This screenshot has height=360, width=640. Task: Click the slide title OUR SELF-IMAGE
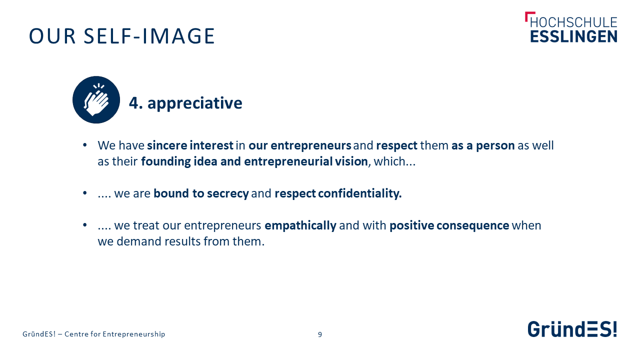click(x=121, y=36)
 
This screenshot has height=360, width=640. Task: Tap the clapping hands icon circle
click(x=96, y=99)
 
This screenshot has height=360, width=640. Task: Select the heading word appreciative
click(x=195, y=103)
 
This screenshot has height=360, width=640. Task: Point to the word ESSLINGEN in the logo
click(x=573, y=37)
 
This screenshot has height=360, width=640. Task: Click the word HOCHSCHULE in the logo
click(x=573, y=22)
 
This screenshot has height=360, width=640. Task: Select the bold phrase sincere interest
click(x=190, y=145)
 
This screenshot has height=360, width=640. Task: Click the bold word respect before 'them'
click(x=397, y=146)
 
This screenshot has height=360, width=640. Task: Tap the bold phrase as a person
click(x=483, y=146)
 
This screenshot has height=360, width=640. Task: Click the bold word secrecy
click(x=227, y=194)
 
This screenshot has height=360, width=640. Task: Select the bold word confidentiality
click(x=359, y=193)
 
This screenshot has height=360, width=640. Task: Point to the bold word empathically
click(x=300, y=226)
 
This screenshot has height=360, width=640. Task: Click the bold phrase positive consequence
click(x=449, y=226)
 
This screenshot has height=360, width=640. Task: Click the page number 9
click(x=320, y=334)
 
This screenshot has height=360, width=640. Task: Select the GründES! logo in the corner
click(x=572, y=329)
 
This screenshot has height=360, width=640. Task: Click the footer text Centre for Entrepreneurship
click(x=115, y=334)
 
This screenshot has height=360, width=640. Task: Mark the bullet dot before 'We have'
click(x=85, y=145)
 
